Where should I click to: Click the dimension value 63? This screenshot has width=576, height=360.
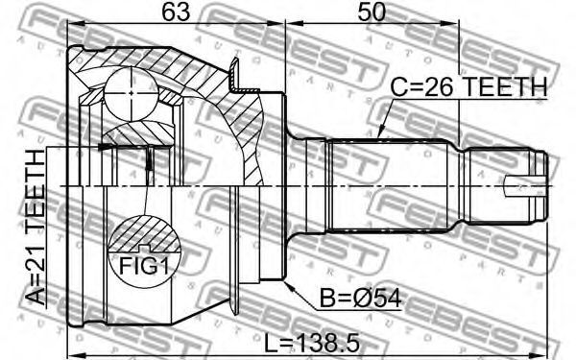(177, 12)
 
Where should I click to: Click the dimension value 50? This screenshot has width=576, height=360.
(372, 12)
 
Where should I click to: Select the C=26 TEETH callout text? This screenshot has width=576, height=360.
(468, 87)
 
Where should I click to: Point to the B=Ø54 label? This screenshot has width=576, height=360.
(360, 298)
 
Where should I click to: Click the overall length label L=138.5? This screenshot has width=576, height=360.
(312, 344)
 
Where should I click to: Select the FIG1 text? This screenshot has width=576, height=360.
(144, 265)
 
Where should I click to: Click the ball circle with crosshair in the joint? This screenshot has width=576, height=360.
(132, 93)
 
